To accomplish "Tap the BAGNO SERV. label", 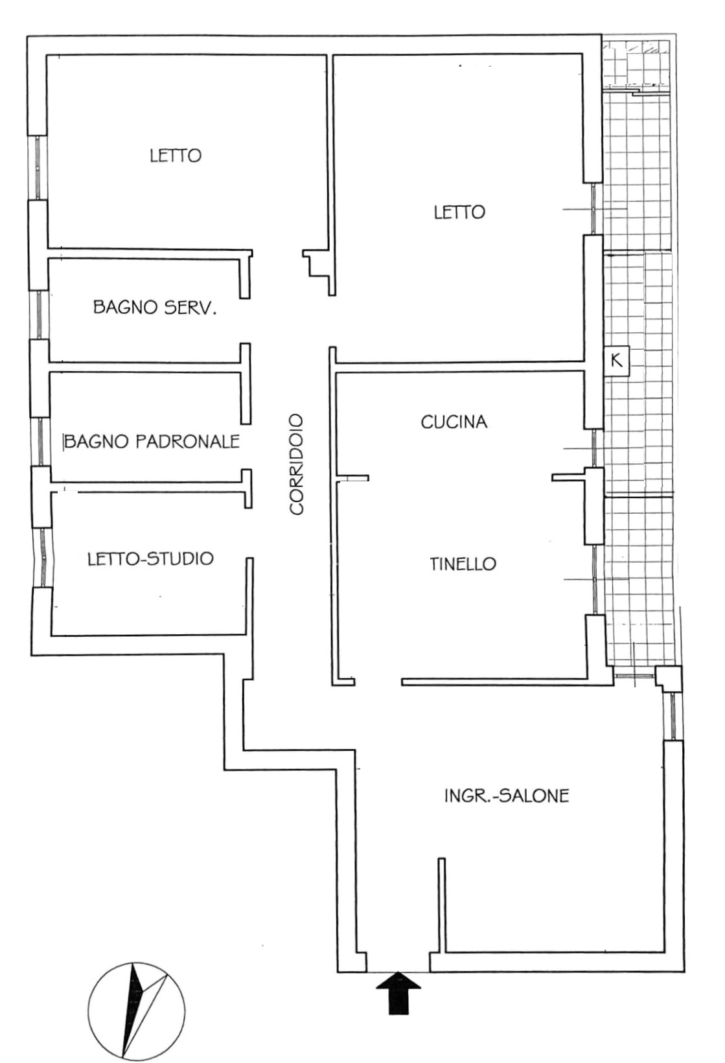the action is [x=155, y=308].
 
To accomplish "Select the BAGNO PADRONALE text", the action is [x=152, y=441].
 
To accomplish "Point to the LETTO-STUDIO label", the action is [x=150, y=558].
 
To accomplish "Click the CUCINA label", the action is [x=454, y=422].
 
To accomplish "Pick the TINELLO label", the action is [x=463, y=564].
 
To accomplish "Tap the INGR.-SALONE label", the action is [x=507, y=796].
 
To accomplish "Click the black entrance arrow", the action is [x=398, y=993].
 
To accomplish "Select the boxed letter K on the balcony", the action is [x=617, y=361].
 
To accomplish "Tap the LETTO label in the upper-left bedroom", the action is [x=176, y=155].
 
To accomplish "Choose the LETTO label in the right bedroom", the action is [x=459, y=212].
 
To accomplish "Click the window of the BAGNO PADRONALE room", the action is [x=40, y=442].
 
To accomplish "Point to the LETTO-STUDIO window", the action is [x=43, y=558].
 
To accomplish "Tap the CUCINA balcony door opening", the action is [x=594, y=448].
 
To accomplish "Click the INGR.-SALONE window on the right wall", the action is [x=673, y=716].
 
